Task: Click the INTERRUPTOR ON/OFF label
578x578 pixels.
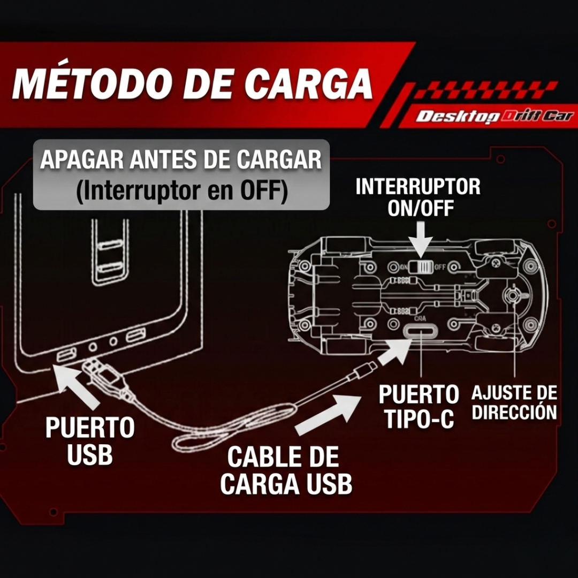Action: tap(418, 197)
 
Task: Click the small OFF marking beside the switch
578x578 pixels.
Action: tap(440, 267)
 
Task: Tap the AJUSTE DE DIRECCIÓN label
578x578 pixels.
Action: tap(514, 402)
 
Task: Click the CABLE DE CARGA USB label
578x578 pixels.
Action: tap(286, 471)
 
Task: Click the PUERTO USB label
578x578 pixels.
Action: tap(90, 442)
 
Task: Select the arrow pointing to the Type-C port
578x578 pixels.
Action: tap(395, 353)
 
